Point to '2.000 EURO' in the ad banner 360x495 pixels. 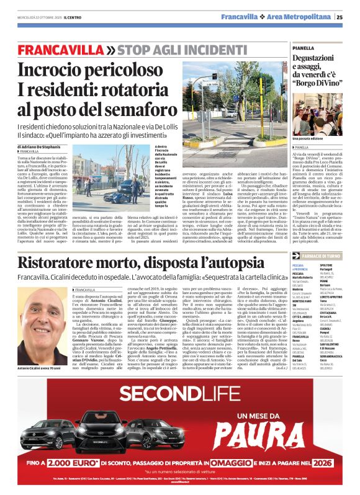(x=63, y=462)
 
